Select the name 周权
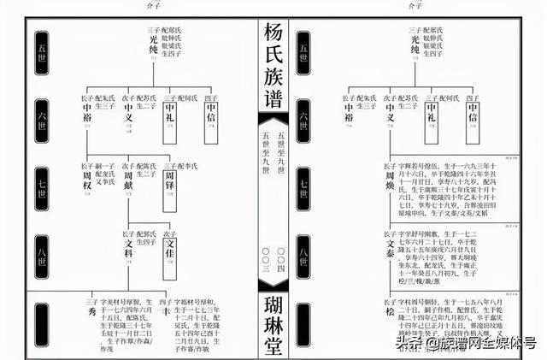pos(87,176)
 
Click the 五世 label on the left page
pos(41,48)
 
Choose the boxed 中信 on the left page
pos(211,116)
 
